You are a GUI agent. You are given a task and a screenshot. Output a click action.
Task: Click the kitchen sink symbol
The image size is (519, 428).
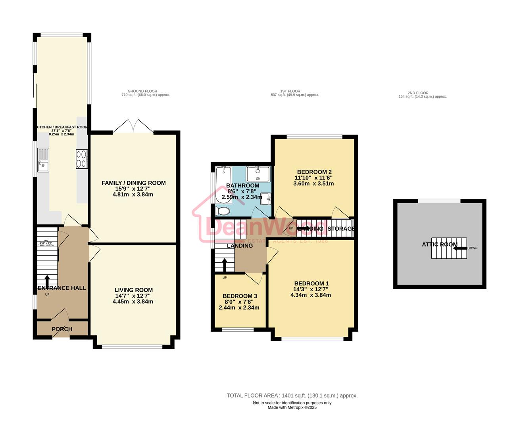[43, 160]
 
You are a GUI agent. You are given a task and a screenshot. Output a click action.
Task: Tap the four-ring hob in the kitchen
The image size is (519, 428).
[82, 159]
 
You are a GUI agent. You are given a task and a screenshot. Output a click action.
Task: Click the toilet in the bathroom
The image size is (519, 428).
[222, 211]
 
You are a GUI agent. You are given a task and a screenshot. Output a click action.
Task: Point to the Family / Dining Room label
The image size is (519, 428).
[133, 183]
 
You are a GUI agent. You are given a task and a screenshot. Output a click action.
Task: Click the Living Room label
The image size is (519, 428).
[133, 290]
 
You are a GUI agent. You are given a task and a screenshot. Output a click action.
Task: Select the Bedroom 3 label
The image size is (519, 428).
[240, 296]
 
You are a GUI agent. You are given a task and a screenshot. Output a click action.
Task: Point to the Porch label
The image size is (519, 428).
[62, 329]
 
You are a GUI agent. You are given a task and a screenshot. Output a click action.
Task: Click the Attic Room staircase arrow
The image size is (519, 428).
[460, 248]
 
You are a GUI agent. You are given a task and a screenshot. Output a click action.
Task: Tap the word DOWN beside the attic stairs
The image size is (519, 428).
[473, 248]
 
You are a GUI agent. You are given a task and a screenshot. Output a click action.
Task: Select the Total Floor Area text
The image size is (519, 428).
[292, 396]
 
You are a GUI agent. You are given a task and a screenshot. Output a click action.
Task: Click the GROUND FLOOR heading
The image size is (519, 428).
[142, 91]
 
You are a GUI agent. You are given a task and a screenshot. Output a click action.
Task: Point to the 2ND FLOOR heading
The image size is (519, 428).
[418, 93]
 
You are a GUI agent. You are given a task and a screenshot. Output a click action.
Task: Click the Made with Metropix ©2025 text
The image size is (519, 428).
[292, 407]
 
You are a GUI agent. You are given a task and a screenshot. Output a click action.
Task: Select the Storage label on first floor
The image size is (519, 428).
[341, 229]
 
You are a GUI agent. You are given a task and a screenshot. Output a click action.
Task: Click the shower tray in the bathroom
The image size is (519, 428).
[258, 174]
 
